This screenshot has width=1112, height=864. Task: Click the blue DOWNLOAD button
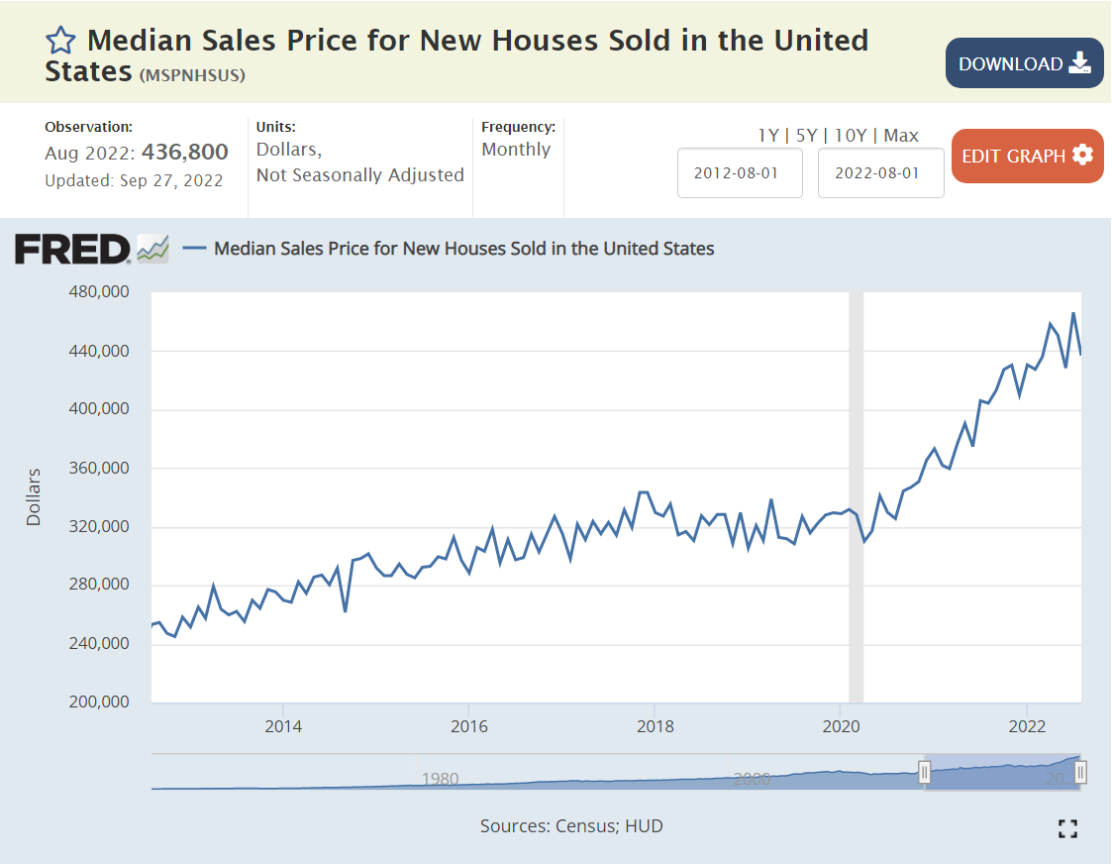pyautogui.click(x=1024, y=63)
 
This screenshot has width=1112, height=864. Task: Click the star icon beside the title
pyautogui.click(x=60, y=41)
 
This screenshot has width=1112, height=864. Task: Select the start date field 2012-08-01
pyautogui.click(x=740, y=172)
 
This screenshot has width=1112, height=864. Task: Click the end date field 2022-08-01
pyautogui.click(x=880, y=172)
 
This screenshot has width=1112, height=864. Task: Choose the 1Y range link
pyautogui.click(x=768, y=136)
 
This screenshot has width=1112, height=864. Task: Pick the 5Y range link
pyautogui.click(x=807, y=136)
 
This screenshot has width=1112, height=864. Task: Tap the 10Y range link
pyautogui.click(x=851, y=136)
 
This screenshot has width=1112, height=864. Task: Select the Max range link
pyautogui.click(x=901, y=136)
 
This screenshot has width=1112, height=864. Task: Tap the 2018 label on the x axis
pyautogui.click(x=655, y=726)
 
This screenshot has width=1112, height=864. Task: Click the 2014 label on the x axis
pyautogui.click(x=283, y=726)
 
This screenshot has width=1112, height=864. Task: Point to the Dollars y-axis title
pyautogui.click(x=35, y=496)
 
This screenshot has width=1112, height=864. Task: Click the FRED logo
pyautogui.click(x=72, y=249)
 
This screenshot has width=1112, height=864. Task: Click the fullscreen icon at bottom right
pyautogui.click(x=1067, y=829)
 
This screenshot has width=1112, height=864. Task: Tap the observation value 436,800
pyautogui.click(x=185, y=153)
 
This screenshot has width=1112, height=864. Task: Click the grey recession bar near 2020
pyautogui.click(x=857, y=495)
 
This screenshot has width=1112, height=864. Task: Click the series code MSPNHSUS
pyautogui.click(x=192, y=75)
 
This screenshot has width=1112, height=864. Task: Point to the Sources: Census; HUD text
pyautogui.click(x=571, y=825)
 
